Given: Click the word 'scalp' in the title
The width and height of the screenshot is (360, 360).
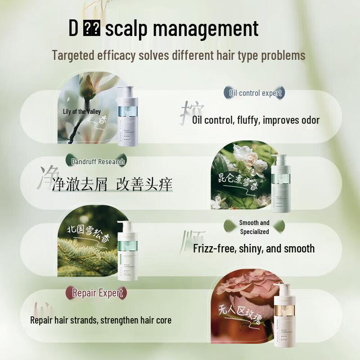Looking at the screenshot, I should pyautogui.click(x=127, y=28).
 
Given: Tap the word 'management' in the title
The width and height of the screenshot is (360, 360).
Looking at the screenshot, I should pyautogui.click(x=206, y=28).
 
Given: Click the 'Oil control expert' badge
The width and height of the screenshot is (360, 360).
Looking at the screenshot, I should pyautogui.click(x=255, y=93).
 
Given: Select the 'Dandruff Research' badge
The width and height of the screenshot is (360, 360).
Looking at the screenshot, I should pyautogui.click(x=98, y=161).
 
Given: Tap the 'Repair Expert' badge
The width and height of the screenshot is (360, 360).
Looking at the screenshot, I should pyautogui.click(x=98, y=293).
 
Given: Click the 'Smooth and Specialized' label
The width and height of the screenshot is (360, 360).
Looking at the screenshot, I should pyautogui.click(x=254, y=227).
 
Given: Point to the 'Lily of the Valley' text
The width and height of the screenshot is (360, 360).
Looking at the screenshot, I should pyautogui.click(x=82, y=112).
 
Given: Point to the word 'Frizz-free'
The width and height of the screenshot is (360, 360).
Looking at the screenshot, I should pyautogui.click(x=214, y=248).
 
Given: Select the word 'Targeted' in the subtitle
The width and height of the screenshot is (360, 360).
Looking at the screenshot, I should pyautogui.click(x=73, y=55).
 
